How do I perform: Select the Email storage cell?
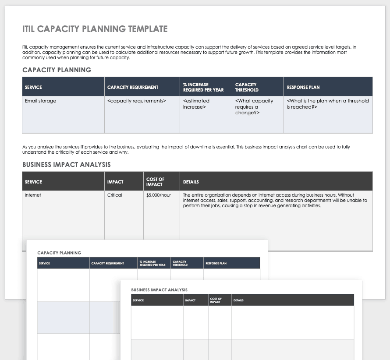(x=40, y=101)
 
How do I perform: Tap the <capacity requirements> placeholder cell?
(x=136, y=101)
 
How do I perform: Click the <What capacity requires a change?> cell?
(x=254, y=106)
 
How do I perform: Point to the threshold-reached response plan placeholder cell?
(x=327, y=104)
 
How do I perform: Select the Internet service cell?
(x=33, y=195)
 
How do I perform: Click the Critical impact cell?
(x=115, y=195)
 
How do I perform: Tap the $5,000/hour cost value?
(x=159, y=195)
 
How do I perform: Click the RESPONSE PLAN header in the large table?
(x=303, y=87)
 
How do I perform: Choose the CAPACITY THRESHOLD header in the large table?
(x=247, y=87)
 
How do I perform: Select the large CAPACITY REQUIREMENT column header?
(x=133, y=87)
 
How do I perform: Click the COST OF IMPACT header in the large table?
(x=155, y=182)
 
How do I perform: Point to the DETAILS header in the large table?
(x=191, y=182)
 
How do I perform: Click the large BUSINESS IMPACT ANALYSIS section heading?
(x=66, y=165)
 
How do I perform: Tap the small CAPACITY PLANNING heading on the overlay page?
(x=59, y=253)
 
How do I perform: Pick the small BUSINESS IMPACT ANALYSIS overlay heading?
(x=160, y=290)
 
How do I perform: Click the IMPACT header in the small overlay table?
(x=190, y=300)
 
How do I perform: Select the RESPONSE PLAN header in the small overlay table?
(x=216, y=264)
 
